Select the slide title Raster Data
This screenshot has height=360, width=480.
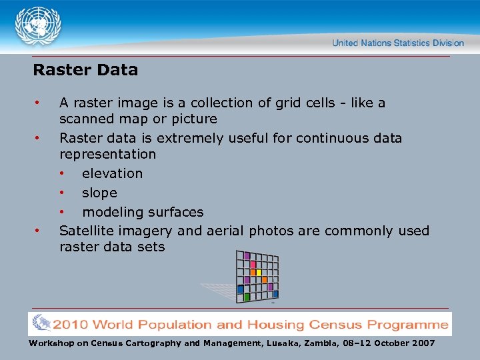pyautogui.click(x=85, y=69)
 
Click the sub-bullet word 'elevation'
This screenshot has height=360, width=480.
pyautogui.click(x=112, y=173)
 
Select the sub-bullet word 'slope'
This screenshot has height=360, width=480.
pyautogui.click(x=99, y=193)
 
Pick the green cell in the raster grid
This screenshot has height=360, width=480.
pyautogui.click(x=247, y=297)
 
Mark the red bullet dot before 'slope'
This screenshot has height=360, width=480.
pyautogui.click(x=62, y=193)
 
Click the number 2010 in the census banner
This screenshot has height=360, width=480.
pyautogui.click(x=72, y=325)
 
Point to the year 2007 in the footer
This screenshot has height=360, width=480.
pyautogui.click(x=421, y=343)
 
